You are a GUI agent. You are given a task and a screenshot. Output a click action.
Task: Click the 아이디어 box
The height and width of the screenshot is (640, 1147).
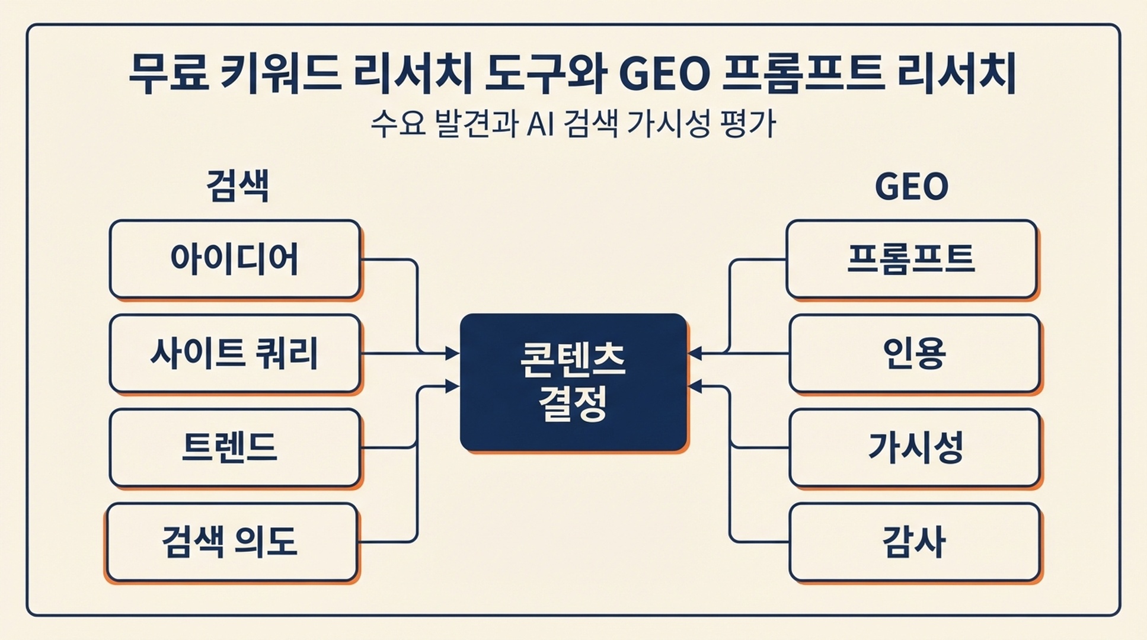235,259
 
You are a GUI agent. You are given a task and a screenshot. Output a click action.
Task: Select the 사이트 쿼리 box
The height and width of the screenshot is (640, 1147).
235,353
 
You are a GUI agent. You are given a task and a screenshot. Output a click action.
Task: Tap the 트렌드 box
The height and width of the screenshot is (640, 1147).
235,447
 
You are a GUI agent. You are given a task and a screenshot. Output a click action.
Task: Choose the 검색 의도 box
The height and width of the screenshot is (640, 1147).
232,542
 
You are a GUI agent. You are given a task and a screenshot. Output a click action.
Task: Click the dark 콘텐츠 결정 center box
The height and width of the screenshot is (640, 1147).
574,382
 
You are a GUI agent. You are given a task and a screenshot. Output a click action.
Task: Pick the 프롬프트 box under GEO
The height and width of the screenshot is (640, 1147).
912,259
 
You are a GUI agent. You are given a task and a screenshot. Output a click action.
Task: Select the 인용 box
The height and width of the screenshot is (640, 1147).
915,353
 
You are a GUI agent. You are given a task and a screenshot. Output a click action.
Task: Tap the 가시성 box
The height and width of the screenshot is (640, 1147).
915,447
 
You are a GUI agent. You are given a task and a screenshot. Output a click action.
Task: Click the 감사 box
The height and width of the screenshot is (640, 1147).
915,542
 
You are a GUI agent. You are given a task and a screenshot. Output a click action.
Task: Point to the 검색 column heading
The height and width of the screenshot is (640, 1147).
237,186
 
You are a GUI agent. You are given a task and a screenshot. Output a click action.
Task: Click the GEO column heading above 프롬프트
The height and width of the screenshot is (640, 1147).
912,187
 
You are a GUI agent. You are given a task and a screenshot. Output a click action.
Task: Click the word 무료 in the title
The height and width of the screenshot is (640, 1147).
169,74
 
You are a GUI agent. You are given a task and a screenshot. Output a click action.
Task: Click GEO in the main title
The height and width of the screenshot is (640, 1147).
664,75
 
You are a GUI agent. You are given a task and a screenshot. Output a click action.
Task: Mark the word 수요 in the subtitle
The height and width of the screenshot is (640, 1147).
398,124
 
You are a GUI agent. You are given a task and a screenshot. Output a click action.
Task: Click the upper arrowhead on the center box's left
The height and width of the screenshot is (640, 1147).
453,354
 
